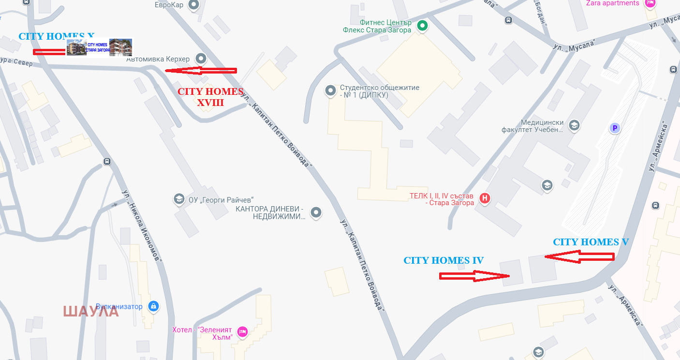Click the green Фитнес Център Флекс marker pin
coord(422,26)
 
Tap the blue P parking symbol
coord(614,128)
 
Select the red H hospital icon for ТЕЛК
coord(484,198)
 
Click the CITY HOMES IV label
coord(443,261)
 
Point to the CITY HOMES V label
coord(591,242)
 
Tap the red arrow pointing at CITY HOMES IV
coord(474,276)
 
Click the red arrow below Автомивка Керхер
coord(201,71)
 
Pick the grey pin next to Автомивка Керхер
coord(201,59)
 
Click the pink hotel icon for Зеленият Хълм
coord(242,331)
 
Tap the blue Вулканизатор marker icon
coord(153,306)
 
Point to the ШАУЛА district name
coord(91,311)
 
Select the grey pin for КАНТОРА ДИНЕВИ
coord(316,212)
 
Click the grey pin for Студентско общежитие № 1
coord(330,90)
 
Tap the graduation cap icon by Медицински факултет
coord(574,126)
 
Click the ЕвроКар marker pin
coord(193,5)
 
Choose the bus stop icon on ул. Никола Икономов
coord(107,162)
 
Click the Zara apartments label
coord(612,3)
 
